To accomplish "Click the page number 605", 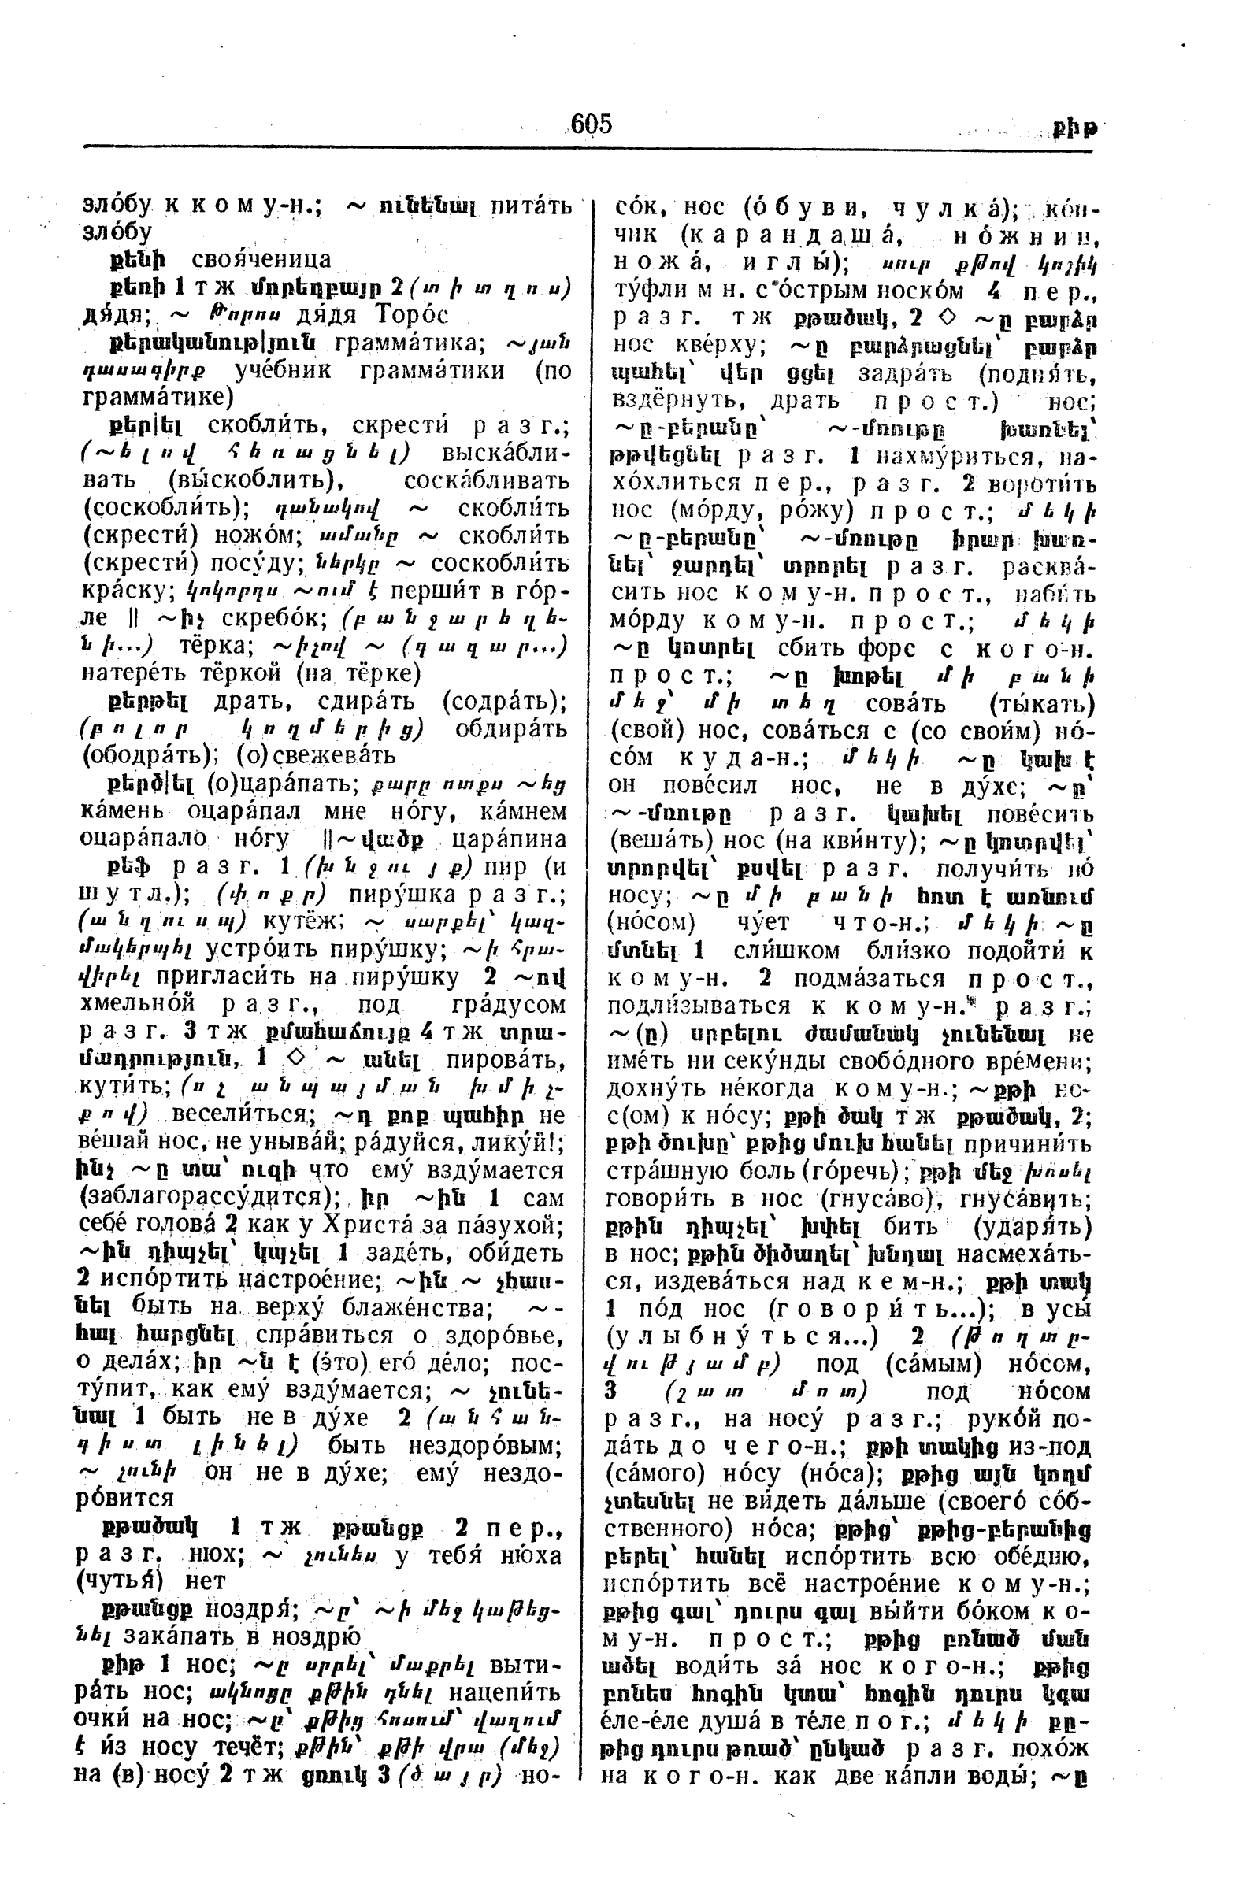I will coord(591,124).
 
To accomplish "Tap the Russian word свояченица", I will coord(262,260).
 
